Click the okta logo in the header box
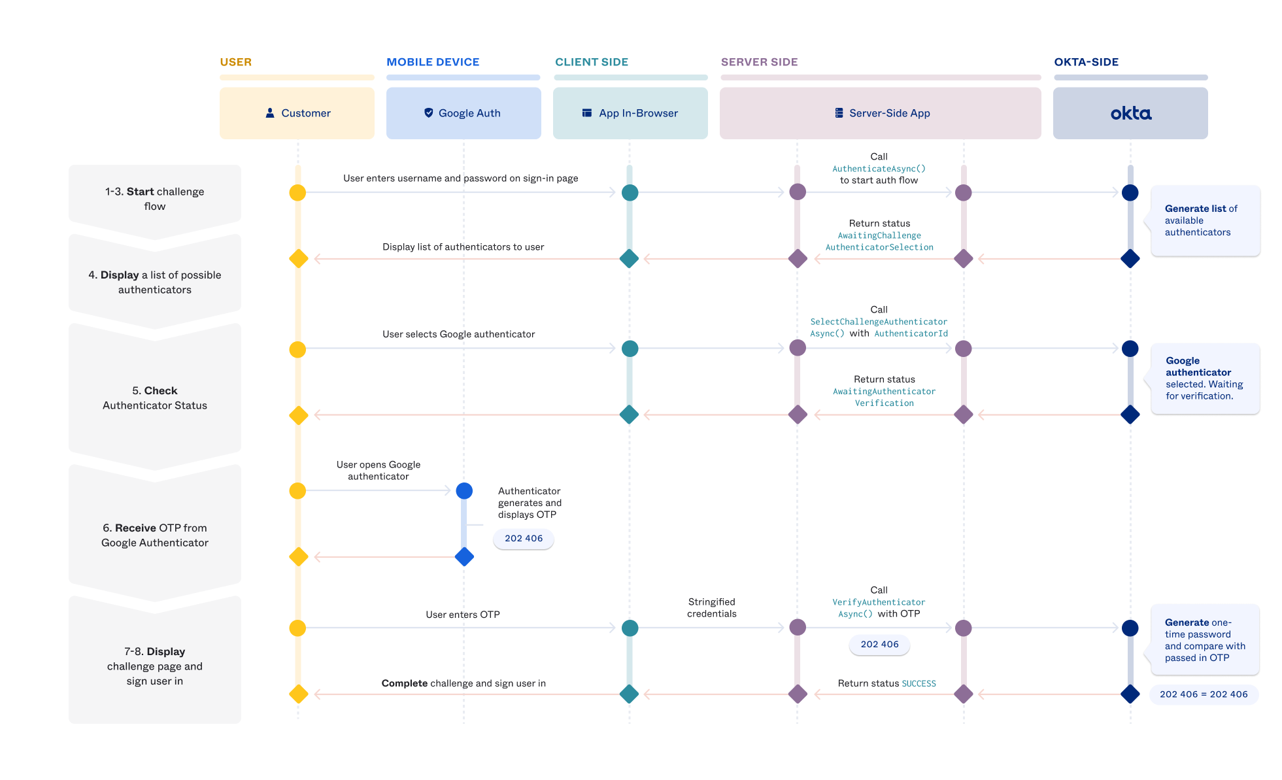[x=1130, y=114]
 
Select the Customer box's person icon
[x=270, y=113]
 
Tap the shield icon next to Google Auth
[x=429, y=113]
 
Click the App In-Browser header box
[x=630, y=113]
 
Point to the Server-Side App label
[x=889, y=113]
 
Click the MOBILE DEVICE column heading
[x=433, y=62]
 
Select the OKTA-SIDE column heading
[x=1086, y=62]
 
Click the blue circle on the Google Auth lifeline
[x=464, y=490]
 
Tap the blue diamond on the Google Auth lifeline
[x=464, y=557]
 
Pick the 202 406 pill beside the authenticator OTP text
[x=524, y=539]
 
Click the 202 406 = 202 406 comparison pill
[x=1204, y=694]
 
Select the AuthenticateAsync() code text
[x=879, y=169]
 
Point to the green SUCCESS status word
[x=919, y=684]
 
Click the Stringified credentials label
[x=711, y=607]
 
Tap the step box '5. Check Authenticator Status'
[x=155, y=398]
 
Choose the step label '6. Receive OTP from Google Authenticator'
[x=155, y=535]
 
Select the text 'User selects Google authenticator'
[x=458, y=334]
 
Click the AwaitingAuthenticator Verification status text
[x=884, y=397]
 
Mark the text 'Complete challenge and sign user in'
[x=464, y=683]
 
